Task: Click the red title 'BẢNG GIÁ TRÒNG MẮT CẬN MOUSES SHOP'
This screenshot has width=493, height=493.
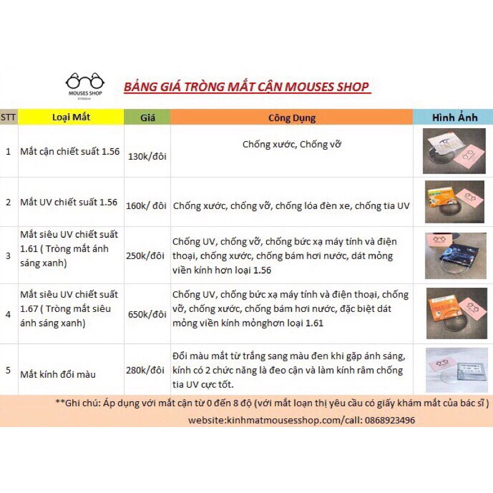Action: click(x=247, y=86)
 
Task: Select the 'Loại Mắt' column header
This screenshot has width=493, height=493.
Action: click(x=71, y=117)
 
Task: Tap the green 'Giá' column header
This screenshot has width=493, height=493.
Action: click(x=147, y=117)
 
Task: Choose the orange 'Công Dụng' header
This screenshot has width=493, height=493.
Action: click(x=291, y=117)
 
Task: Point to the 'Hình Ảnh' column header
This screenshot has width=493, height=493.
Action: click(x=454, y=117)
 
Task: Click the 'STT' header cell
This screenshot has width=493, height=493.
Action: click(x=8, y=117)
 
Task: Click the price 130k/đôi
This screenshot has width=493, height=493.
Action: click(x=147, y=156)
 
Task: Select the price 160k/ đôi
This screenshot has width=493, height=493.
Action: click(x=147, y=206)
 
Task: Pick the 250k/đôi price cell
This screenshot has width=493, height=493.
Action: click(x=147, y=255)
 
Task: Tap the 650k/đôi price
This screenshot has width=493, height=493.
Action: click(x=147, y=314)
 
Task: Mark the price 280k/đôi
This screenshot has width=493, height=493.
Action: click(x=147, y=370)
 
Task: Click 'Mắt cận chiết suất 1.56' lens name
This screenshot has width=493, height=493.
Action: click(x=70, y=151)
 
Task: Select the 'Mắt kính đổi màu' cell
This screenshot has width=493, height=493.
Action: click(x=58, y=374)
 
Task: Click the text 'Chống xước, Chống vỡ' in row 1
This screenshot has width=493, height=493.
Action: click(x=291, y=145)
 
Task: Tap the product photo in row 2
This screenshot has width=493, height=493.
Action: click(x=455, y=202)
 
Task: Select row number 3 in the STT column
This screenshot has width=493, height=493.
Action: click(x=8, y=255)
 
